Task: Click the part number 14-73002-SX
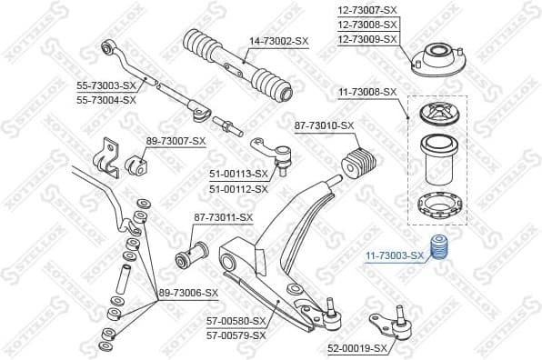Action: (x=278, y=40)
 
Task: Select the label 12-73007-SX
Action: (x=368, y=9)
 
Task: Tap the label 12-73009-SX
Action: (x=368, y=39)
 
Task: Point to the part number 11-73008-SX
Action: (x=368, y=92)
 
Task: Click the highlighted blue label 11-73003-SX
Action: (x=395, y=256)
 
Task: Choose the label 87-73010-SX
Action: (x=323, y=125)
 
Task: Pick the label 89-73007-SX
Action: (x=176, y=141)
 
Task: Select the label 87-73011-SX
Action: (x=223, y=217)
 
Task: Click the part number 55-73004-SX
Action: (x=105, y=100)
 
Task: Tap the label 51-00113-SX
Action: (x=239, y=173)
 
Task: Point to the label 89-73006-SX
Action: (x=189, y=292)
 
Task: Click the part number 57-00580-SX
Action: (x=236, y=321)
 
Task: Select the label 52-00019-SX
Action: (x=357, y=348)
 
